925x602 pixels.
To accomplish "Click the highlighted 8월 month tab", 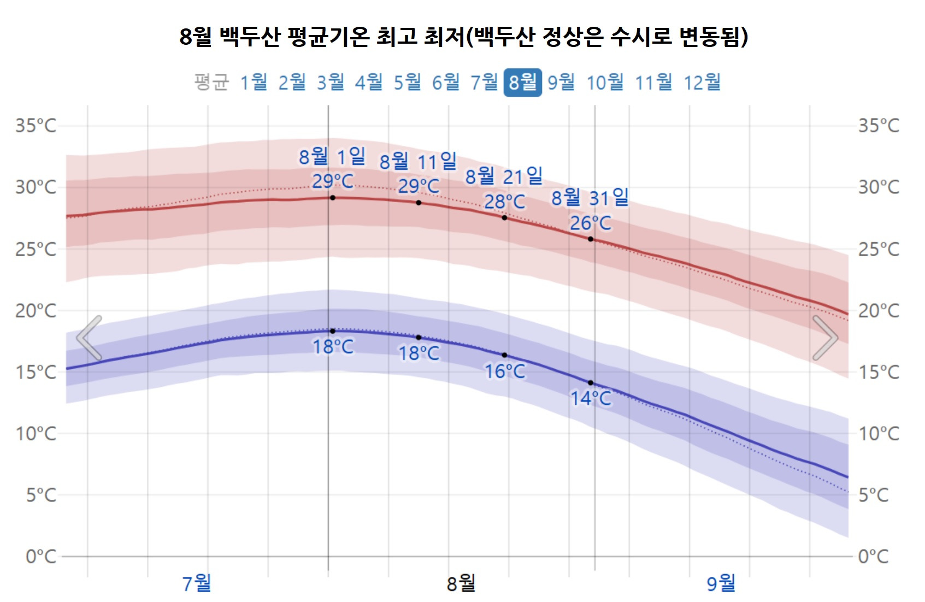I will [x=522, y=82].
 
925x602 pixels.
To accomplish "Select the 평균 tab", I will [x=211, y=82].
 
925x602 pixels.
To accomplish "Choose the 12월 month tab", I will [x=702, y=82].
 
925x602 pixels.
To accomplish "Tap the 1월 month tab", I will [x=254, y=82].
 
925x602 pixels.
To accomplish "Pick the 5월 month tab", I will [x=408, y=82].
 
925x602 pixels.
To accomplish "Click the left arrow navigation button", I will [x=89, y=338].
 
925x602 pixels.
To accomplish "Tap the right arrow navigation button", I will [x=825, y=338].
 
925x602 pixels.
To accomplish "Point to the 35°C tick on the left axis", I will [x=36, y=126].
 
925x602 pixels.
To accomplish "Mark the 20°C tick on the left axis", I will [x=36, y=311].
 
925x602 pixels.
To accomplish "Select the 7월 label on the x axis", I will [x=197, y=583].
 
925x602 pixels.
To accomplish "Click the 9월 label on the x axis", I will [x=721, y=583].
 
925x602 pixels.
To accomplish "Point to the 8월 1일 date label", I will [x=332, y=157].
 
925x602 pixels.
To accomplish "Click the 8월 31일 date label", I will [x=590, y=198].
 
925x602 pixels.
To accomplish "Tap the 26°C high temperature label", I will [x=591, y=223].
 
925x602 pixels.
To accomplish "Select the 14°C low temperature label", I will [x=591, y=398].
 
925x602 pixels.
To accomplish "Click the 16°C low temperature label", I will [x=505, y=371].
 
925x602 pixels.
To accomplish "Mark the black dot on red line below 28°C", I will [x=504, y=218].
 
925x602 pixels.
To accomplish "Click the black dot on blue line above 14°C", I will [x=591, y=383].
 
